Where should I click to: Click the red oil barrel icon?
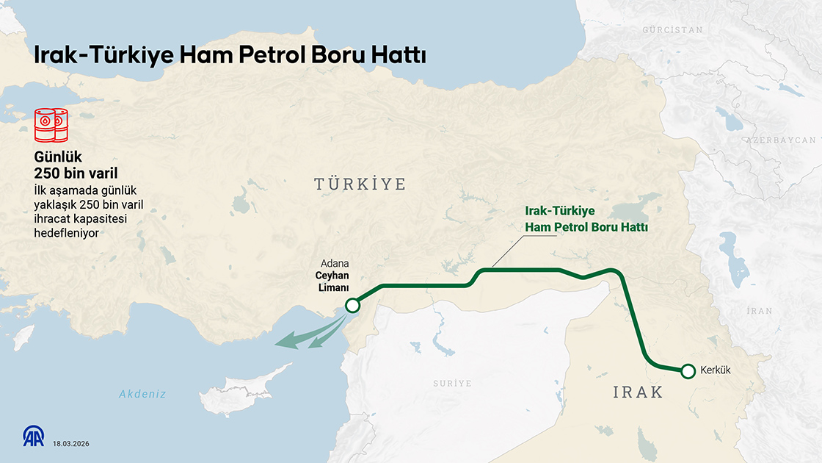[x=51, y=125]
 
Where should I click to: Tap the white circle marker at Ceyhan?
[x=352, y=306]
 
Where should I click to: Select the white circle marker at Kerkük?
[x=688, y=371]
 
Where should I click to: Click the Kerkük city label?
[x=716, y=370]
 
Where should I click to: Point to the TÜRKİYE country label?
[x=360, y=184]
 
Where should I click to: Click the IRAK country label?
[x=638, y=392]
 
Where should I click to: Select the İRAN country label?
[x=759, y=311]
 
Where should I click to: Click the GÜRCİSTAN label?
[x=672, y=30]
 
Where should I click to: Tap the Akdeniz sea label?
[x=142, y=394]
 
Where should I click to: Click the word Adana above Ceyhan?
[x=335, y=264]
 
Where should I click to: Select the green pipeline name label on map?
[x=586, y=219]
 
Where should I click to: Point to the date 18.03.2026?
[x=70, y=443]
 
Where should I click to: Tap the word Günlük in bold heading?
[x=57, y=157]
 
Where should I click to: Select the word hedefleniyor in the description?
[x=66, y=232]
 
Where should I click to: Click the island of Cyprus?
[x=239, y=394]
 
